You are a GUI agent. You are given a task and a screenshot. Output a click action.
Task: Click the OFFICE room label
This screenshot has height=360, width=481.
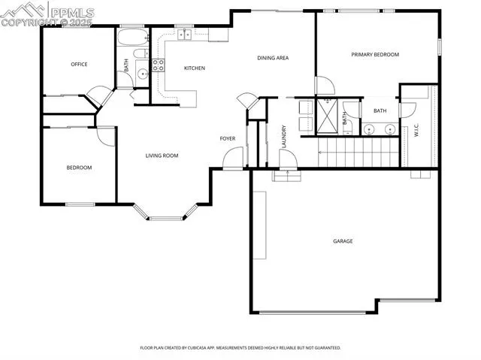click(x=79, y=65)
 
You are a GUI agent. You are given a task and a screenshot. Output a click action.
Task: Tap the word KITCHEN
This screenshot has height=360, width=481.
click(x=195, y=68)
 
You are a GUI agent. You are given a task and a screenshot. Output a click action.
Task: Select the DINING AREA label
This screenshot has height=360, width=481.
click(x=273, y=58)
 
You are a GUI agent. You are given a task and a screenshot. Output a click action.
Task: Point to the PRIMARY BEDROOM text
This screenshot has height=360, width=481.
click(x=375, y=54)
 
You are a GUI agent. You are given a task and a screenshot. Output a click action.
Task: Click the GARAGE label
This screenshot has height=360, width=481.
click(x=343, y=241)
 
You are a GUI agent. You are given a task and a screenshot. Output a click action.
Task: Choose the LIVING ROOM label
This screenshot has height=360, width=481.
click(x=162, y=156)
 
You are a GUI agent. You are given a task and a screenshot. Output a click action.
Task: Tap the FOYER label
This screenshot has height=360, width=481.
click(x=228, y=138)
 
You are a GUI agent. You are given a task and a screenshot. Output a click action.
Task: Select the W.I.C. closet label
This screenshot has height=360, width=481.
click(x=416, y=130)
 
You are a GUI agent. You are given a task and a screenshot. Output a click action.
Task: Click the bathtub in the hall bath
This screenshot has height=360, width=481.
click(x=135, y=36)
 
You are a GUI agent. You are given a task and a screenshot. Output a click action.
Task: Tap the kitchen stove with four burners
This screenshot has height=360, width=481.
click(x=158, y=65)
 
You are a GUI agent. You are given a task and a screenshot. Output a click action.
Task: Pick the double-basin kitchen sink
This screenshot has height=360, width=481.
click(x=184, y=34)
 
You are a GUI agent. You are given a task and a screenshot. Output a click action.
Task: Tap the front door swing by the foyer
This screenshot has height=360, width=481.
click(x=234, y=159)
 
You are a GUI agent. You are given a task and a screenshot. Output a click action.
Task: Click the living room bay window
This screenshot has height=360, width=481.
click(x=165, y=212)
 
